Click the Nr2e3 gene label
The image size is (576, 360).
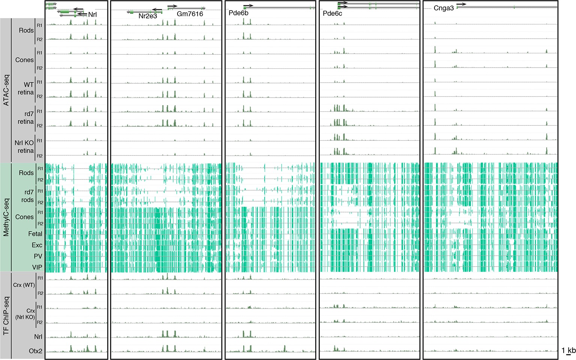click(x=147, y=16)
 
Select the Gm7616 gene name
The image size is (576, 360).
click(x=190, y=14)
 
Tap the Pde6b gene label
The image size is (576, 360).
click(x=238, y=13)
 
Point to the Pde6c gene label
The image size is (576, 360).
click(x=332, y=14)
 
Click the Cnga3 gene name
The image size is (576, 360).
click(x=444, y=8)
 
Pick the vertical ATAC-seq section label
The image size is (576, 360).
click(x=6, y=90)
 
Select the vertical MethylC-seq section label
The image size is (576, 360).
click(x=6, y=217)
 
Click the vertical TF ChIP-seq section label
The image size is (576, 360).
click(x=6, y=316)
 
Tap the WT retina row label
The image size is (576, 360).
click(x=26, y=89)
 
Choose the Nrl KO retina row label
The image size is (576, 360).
click(x=24, y=147)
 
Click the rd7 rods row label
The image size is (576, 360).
click(x=27, y=196)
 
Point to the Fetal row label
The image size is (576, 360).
click(x=35, y=233)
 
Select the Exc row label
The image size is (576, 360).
click(x=37, y=245)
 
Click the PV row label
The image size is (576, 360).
click(x=38, y=256)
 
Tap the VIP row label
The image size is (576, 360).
click(x=37, y=267)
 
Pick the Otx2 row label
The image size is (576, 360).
click(x=36, y=351)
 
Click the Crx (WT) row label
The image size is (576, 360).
click(x=24, y=285)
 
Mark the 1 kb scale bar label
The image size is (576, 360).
click(x=568, y=351)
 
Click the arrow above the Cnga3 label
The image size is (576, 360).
click(x=462, y=4)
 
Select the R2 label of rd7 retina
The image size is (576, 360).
click(x=40, y=126)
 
